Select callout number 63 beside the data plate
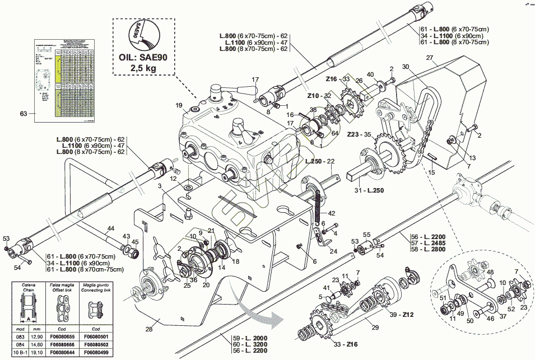(x=23, y=114)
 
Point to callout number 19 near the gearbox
(x=179, y=105)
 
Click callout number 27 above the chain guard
(x=430, y=58)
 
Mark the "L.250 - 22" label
(x=320, y=161)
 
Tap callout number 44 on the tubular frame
(x=110, y=228)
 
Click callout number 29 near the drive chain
(x=375, y=327)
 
